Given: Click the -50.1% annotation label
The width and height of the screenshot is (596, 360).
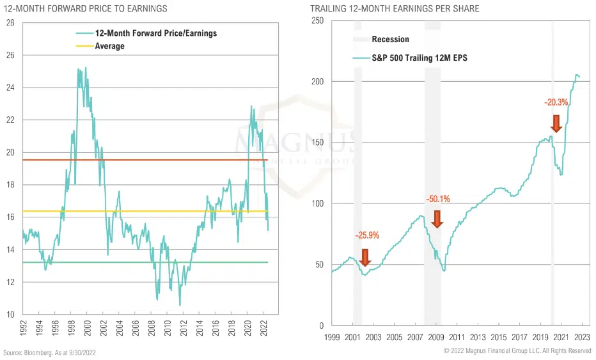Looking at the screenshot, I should pos(438,199).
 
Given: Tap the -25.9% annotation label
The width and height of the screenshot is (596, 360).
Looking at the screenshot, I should pos(367,235).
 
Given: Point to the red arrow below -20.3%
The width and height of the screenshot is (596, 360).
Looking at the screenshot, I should pos(556,123).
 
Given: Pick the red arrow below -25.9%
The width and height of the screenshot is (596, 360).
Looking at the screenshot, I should pos(365,257).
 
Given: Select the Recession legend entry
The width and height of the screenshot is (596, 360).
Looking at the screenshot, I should pos(390,40).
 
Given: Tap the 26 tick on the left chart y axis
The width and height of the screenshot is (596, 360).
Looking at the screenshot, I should pos(10,55).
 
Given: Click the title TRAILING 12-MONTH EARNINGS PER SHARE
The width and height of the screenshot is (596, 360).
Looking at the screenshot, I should pos(395,8).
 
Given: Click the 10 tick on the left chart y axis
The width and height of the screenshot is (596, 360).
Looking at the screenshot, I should pos(10,314).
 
